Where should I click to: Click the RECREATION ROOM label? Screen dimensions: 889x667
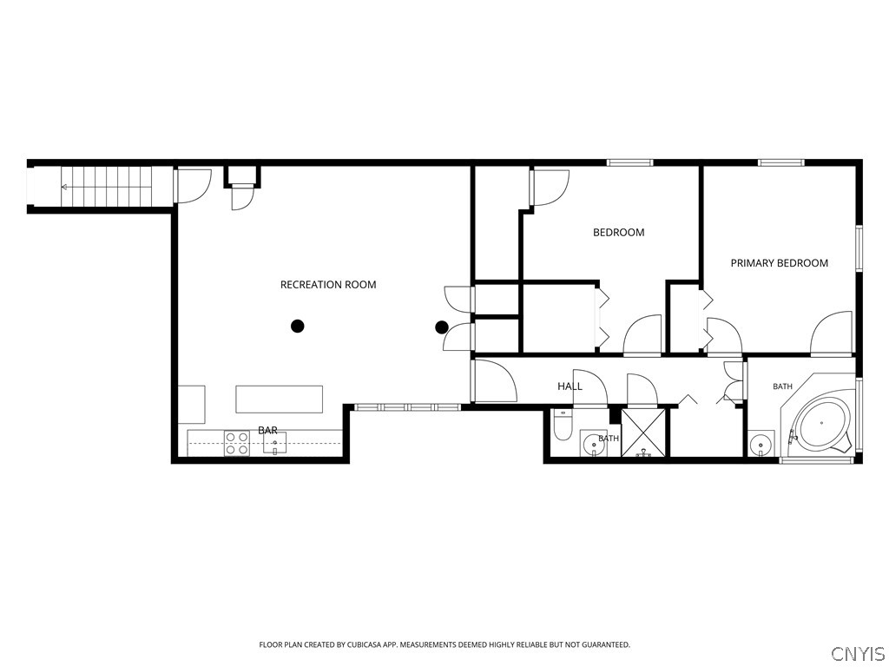(328, 285)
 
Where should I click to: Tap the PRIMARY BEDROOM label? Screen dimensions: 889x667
(779, 263)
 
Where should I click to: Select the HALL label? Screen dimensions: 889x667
(570, 386)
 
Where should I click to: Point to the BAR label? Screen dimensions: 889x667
(267, 431)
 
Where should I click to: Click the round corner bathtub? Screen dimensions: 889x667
(821, 423)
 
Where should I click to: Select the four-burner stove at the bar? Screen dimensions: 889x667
(237, 443)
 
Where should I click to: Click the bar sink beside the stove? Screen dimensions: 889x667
(274, 444)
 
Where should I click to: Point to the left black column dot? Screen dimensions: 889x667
(298, 327)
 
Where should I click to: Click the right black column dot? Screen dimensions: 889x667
(442, 327)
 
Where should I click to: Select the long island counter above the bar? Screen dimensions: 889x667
(280, 400)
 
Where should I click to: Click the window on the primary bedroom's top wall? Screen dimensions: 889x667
(781, 162)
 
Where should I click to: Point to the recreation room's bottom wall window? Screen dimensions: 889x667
(407, 406)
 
